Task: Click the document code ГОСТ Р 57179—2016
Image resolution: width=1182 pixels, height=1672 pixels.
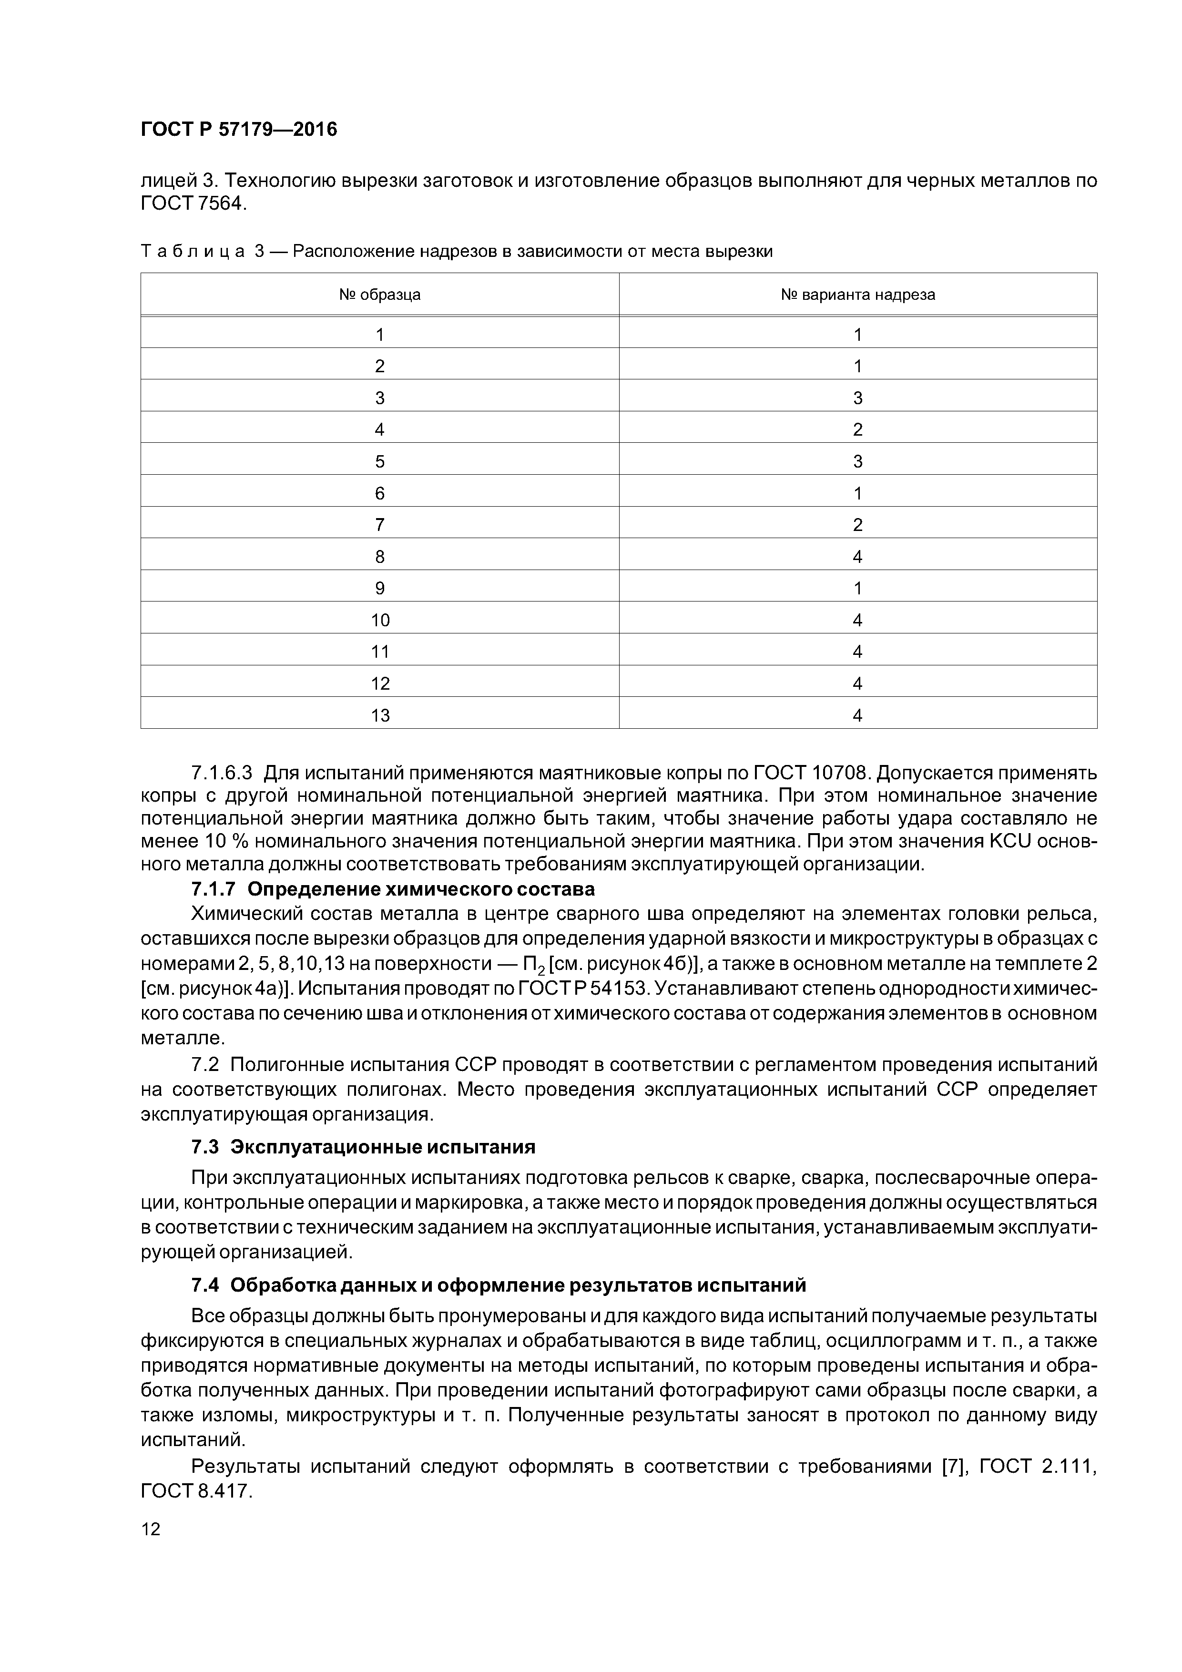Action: (239, 130)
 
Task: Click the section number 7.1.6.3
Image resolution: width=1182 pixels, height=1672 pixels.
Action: (222, 772)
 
